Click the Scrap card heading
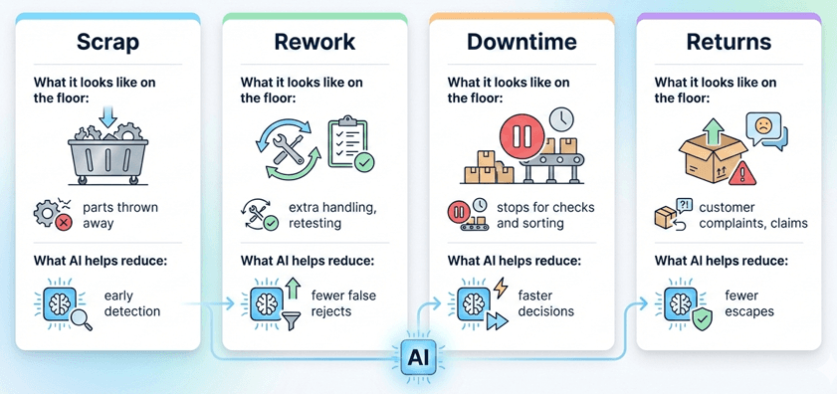[x=109, y=43]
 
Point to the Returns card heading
[x=729, y=43]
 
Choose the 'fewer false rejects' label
[x=343, y=303]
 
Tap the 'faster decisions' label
[x=546, y=303]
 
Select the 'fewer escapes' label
[x=749, y=303]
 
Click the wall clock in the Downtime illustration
[x=561, y=119]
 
